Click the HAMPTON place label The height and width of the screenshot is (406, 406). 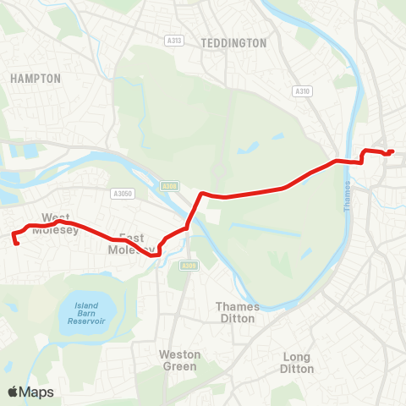[x=36, y=78]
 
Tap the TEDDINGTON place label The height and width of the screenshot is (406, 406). [x=234, y=42]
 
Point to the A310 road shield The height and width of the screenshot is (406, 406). [x=302, y=91]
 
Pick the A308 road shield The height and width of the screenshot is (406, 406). [x=170, y=186]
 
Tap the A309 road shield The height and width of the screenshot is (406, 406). [x=189, y=266]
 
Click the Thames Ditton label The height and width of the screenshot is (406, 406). [x=238, y=312]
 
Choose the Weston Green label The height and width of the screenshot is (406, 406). [x=179, y=360]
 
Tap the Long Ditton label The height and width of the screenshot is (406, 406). [x=297, y=363]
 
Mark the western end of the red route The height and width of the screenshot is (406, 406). [x=18, y=244]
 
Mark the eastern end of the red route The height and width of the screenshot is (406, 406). [x=392, y=152]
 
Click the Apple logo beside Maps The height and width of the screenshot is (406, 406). [x=13, y=392]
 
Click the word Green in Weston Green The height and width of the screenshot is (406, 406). [x=179, y=366]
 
